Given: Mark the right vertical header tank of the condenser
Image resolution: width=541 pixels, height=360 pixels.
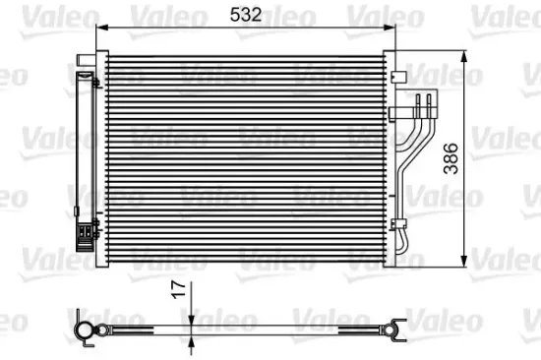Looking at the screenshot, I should pos(388,157).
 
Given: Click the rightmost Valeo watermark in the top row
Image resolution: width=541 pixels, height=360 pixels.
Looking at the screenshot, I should pos(507,14).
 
